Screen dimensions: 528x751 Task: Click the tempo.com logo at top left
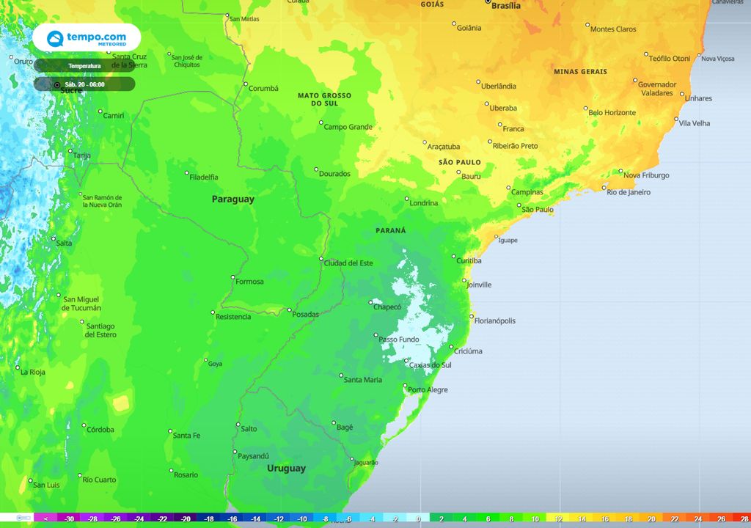tap(87, 37)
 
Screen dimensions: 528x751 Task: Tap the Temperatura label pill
tap(84, 66)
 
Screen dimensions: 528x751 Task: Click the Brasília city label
tap(505, 6)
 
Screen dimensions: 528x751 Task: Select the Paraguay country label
tap(233, 199)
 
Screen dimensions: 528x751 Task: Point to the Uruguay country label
tap(286, 468)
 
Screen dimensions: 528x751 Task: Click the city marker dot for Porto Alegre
tap(405, 386)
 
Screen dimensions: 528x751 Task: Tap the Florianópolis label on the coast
tap(495, 320)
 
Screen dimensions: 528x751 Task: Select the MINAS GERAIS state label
tap(580, 72)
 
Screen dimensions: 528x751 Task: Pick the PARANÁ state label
tap(390, 230)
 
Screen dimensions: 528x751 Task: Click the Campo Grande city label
tap(348, 127)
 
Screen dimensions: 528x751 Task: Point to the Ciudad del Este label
tap(348, 263)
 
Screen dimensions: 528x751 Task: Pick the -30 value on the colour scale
tap(69, 518)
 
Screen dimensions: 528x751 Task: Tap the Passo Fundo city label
tap(398, 340)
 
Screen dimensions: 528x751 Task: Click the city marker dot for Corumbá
tap(246, 84)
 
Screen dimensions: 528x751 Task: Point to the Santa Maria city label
tap(362, 380)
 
